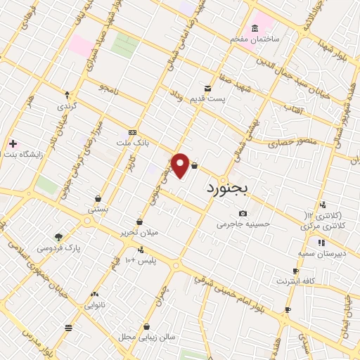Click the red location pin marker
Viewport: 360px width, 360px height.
click(x=180, y=165)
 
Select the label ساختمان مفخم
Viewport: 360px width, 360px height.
click(x=255, y=39)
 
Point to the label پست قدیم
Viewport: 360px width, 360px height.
click(x=211, y=99)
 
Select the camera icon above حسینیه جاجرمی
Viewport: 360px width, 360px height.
click(x=243, y=213)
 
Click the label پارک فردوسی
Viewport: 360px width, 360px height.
click(x=58, y=247)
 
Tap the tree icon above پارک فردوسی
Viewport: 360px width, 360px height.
click(x=58, y=237)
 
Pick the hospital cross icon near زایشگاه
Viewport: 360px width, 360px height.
click(x=13, y=143)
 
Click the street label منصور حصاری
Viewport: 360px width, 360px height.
click(x=292, y=143)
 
